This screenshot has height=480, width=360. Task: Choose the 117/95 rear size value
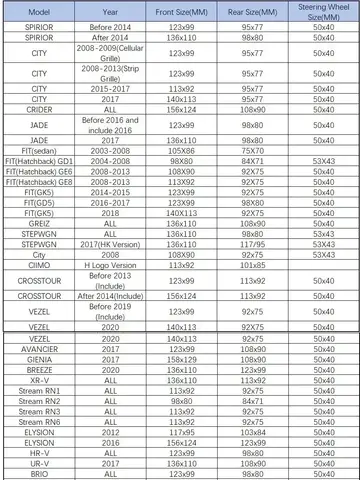point(253,244)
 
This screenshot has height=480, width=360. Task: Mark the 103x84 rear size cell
point(253,432)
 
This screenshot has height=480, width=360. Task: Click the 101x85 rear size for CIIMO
point(253,266)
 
